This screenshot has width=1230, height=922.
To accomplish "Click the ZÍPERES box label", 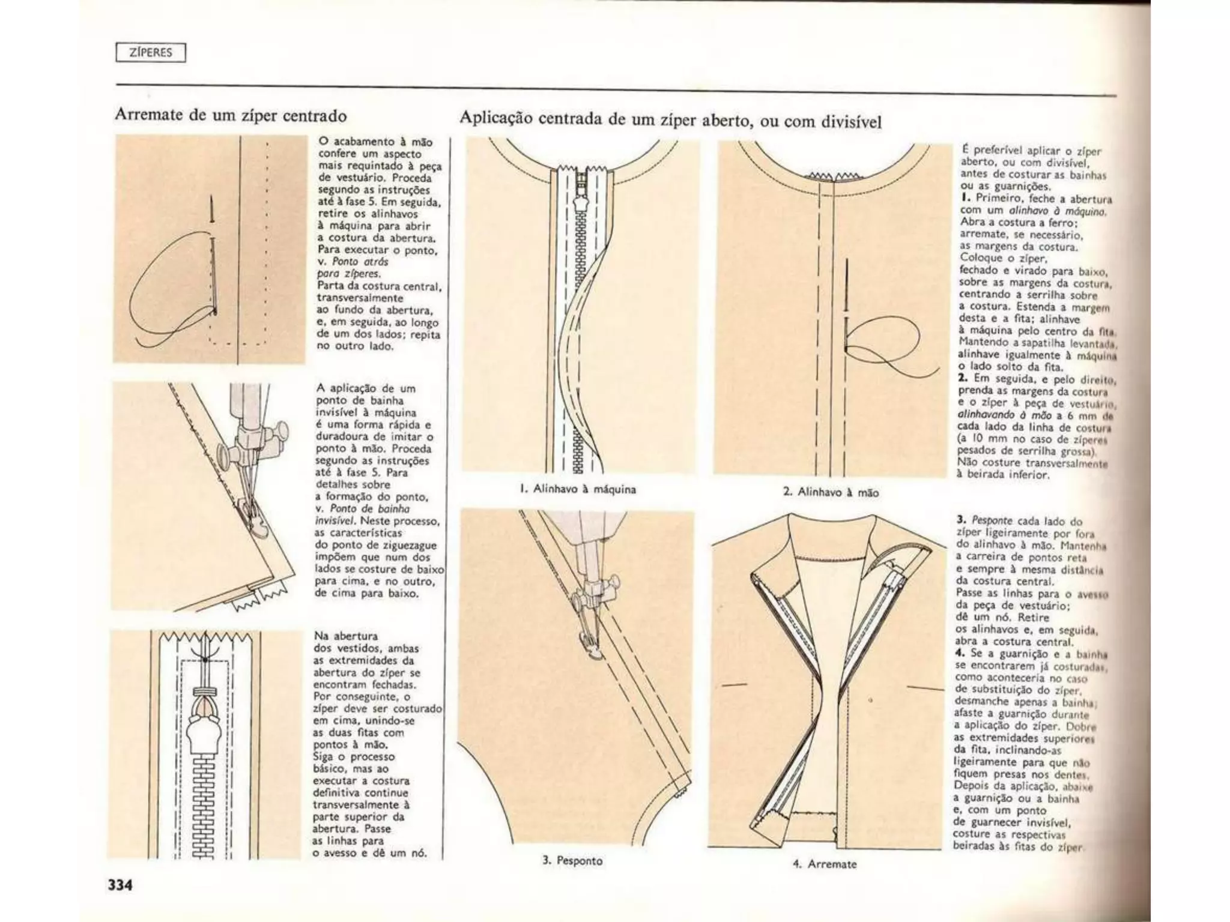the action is [x=151, y=53].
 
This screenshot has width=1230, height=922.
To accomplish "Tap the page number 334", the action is [x=121, y=885].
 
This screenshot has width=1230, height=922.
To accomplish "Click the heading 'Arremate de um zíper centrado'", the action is [x=231, y=115].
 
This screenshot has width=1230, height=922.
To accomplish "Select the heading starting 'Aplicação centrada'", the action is [x=670, y=120].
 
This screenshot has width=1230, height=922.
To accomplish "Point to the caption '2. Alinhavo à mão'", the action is [x=831, y=492].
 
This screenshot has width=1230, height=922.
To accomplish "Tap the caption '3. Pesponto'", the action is [x=572, y=860].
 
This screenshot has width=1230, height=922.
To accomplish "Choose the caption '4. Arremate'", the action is [x=824, y=864].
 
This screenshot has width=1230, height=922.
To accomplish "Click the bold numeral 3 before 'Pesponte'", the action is [x=960, y=520].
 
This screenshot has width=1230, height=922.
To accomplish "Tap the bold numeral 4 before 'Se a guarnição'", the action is [x=960, y=653].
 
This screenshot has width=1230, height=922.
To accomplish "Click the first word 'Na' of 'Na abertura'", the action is [x=321, y=636].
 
